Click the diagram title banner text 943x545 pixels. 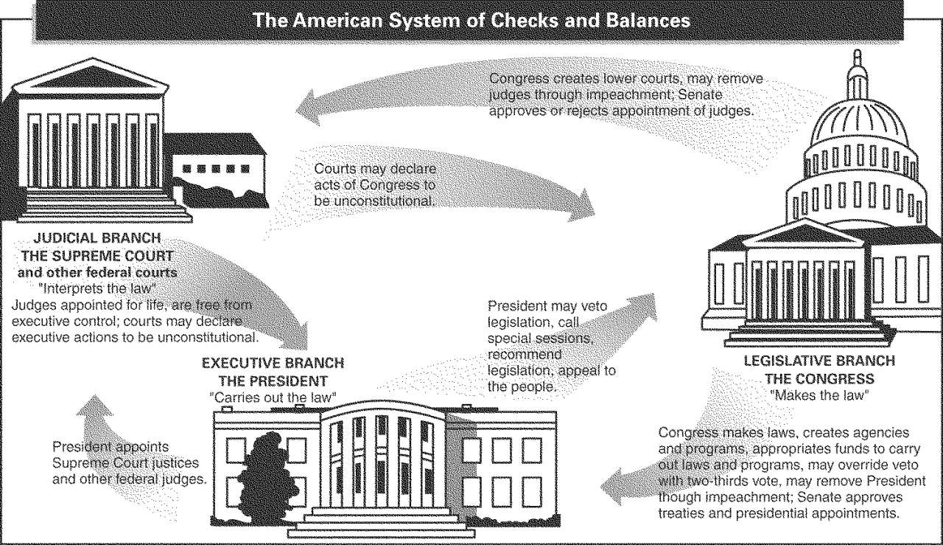(471, 20)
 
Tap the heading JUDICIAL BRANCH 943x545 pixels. (97, 240)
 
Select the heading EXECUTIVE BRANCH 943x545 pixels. (273, 364)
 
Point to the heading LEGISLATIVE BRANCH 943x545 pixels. (819, 361)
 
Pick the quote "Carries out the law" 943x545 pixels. (273, 396)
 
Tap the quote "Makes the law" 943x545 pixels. (818, 394)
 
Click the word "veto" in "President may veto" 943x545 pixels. (609, 305)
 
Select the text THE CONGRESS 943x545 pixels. (819, 378)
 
